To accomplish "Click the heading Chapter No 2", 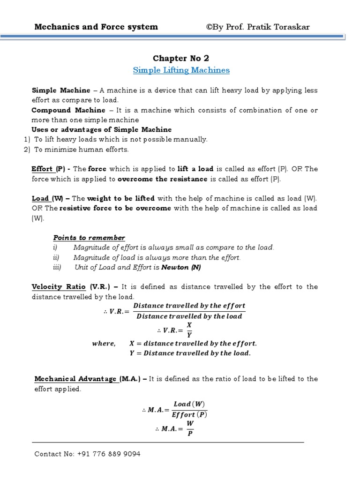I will pyautogui.click(x=181, y=58).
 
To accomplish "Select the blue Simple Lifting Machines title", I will pyautogui.click(x=181, y=70).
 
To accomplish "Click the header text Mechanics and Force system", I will pyautogui.click(x=96, y=27).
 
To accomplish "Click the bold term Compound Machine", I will pyautogui.click(x=68, y=110).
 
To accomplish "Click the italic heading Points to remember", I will pyautogui.click(x=89, y=238).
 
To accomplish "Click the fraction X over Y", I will pyautogui.click(x=189, y=330).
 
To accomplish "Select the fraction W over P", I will pyautogui.click(x=190, y=427).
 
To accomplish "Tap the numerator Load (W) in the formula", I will pyautogui.click(x=189, y=404).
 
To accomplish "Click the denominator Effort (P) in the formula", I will pyautogui.click(x=189, y=414).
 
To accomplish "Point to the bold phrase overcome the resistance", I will pyautogui.click(x=162, y=179).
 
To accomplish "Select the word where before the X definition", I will pyautogui.click(x=104, y=344).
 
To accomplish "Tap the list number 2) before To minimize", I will pyautogui.click(x=27, y=150).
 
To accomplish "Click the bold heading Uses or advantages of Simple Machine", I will pyautogui.click(x=101, y=129).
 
